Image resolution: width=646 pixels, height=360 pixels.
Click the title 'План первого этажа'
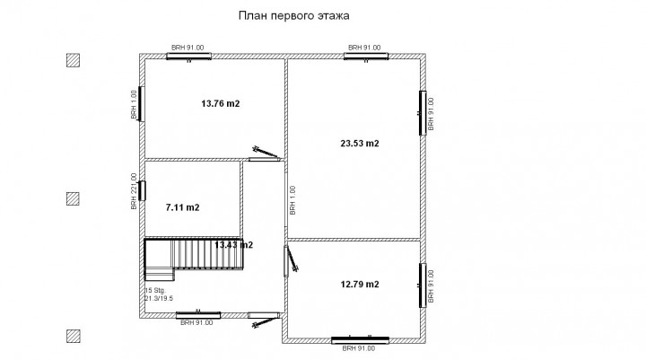click(293, 15)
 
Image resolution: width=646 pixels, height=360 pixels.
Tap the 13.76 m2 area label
click(221, 104)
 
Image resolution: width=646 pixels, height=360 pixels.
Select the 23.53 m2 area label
click(360, 144)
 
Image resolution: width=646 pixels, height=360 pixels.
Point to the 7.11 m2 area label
click(183, 207)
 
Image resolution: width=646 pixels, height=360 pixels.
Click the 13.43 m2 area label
click(231, 245)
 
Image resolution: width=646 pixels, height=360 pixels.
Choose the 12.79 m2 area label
click(360, 285)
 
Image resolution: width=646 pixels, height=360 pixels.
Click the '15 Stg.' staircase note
click(154, 291)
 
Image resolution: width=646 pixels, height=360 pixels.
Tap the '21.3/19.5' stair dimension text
click(160, 299)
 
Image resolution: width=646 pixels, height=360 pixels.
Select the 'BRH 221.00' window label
click(135, 191)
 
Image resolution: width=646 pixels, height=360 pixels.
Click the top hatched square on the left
click(74, 61)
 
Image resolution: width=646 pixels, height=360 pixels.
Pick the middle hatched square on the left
click(74, 198)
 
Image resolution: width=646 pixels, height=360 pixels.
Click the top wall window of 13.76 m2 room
click(188, 56)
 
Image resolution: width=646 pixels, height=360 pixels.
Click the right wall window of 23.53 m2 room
click(422, 111)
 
